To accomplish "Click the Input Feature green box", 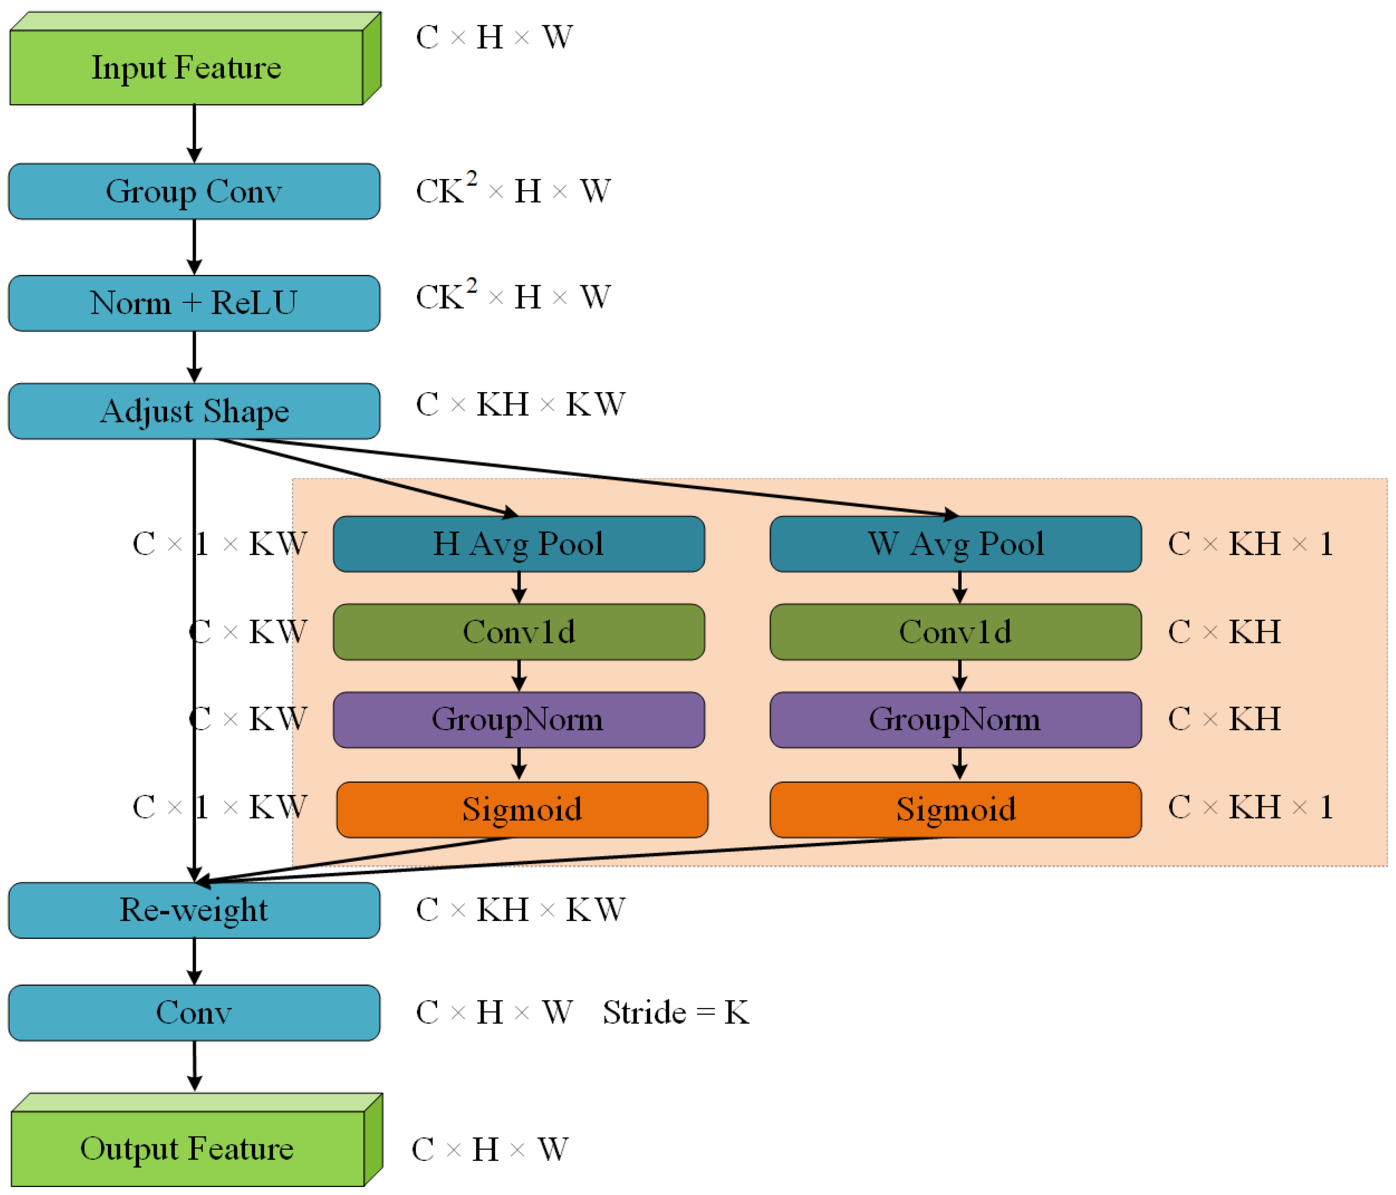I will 187,67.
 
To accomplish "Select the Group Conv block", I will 194,191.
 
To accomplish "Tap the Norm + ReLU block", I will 194,303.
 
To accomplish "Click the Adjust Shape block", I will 194,411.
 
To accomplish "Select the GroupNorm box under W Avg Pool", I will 955,719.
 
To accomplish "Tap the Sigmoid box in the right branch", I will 955,810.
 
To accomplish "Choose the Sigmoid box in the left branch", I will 522,810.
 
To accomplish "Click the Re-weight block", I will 194,910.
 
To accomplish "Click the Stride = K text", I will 676,1012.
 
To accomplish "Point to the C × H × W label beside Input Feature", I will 494,37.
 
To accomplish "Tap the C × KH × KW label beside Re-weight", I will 520,910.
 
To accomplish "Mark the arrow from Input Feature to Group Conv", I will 194,133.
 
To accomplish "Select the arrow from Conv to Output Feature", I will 194,1066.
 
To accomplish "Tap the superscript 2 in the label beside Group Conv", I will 472,179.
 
